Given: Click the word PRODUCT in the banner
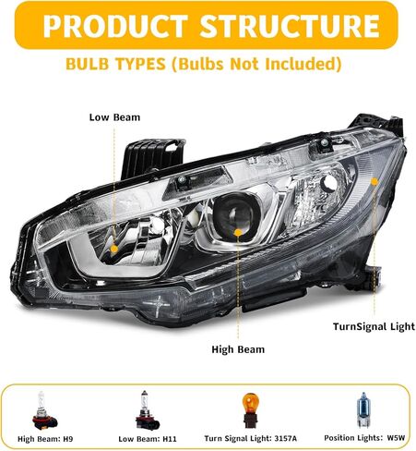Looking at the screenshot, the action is (x=116, y=25).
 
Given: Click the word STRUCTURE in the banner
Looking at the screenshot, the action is (x=290, y=25).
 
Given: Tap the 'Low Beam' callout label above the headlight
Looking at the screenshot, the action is (x=114, y=117).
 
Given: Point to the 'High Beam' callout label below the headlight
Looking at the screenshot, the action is (x=238, y=349).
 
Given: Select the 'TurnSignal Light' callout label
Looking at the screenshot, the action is (x=374, y=326).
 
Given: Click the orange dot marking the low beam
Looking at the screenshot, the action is (x=114, y=249).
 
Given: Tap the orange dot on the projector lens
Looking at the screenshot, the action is (x=237, y=233).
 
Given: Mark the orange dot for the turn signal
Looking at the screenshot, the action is (x=374, y=182).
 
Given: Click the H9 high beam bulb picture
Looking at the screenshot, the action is (x=44, y=411).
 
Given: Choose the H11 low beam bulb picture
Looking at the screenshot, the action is (x=147, y=410).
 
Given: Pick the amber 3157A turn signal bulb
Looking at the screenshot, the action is (x=251, y=410).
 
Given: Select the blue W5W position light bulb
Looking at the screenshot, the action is (x=363, y=409).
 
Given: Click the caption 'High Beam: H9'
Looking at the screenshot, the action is (x=45, y=439).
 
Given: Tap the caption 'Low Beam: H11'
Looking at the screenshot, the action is (x=148, y=439).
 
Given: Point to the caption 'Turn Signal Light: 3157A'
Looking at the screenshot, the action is (x=251, y=438).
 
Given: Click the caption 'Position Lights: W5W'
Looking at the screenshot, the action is (x=364, y=438).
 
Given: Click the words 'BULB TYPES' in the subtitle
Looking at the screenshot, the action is (x=115, y=64).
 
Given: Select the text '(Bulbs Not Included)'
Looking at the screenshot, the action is (x=256, y=64).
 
